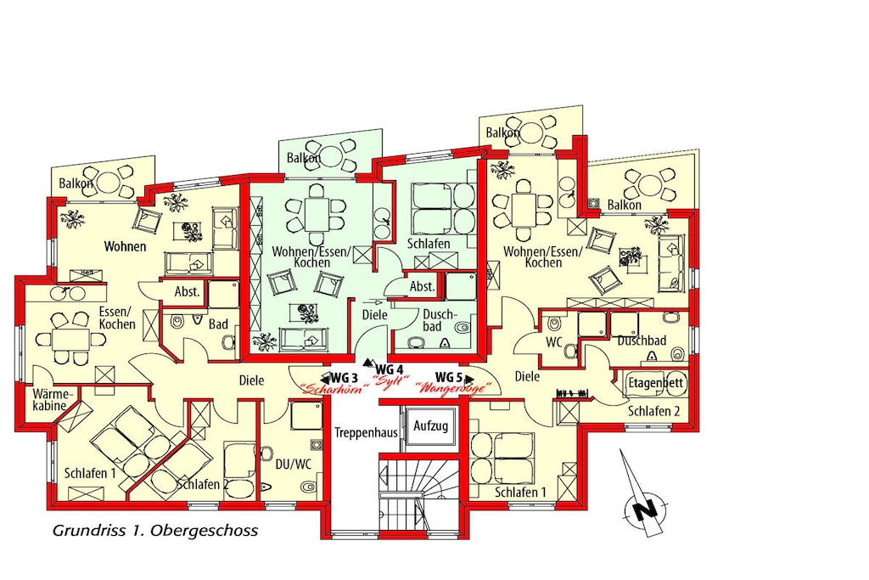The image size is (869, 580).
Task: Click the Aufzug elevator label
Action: [430, 426]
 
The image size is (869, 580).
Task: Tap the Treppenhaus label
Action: [367, 432]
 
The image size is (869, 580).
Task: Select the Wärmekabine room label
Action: [53, 400]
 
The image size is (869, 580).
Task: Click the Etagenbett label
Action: [656, 383]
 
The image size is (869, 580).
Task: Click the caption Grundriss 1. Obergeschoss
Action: [155, 531]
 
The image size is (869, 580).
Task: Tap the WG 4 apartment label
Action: [389, 369]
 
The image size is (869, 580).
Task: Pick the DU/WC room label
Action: [294, 465]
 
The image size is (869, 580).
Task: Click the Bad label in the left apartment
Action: [218, 324]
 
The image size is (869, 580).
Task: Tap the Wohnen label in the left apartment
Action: [126, 246]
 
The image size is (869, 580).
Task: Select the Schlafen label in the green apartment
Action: [429, 244]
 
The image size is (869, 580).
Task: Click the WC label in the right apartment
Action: [554, 342]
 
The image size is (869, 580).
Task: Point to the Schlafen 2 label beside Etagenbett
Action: [654, 411]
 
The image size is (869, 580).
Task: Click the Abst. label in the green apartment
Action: [422, 287]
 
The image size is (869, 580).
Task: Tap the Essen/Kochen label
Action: [117, 318]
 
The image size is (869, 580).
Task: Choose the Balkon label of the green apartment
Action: [304, 158]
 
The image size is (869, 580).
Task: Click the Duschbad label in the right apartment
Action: [642, 341]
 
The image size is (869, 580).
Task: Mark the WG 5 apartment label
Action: [449, 378]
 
